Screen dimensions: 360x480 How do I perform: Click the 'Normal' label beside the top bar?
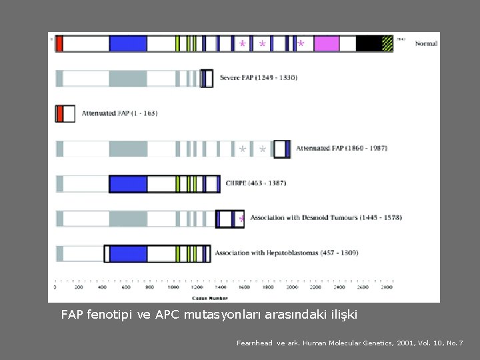426,44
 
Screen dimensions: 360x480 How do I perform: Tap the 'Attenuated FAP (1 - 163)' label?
119,113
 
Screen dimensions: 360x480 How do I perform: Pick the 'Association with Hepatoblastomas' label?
279,253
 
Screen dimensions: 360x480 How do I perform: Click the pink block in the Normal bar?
326,44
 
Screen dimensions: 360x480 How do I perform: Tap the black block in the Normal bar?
369,44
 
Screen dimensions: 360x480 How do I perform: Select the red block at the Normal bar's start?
59,44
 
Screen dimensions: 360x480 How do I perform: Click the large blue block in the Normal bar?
127,44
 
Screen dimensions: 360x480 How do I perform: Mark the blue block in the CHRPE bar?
127,183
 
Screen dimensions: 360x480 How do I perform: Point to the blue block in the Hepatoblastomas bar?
127,253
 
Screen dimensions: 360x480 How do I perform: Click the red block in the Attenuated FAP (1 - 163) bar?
60,113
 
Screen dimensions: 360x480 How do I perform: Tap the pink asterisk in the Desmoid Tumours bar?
241,219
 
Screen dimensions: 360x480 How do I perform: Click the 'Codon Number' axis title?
209,298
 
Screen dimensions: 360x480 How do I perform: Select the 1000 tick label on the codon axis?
173,288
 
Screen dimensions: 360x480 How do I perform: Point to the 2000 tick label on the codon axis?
291,288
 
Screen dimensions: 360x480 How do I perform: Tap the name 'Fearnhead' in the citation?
255,343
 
